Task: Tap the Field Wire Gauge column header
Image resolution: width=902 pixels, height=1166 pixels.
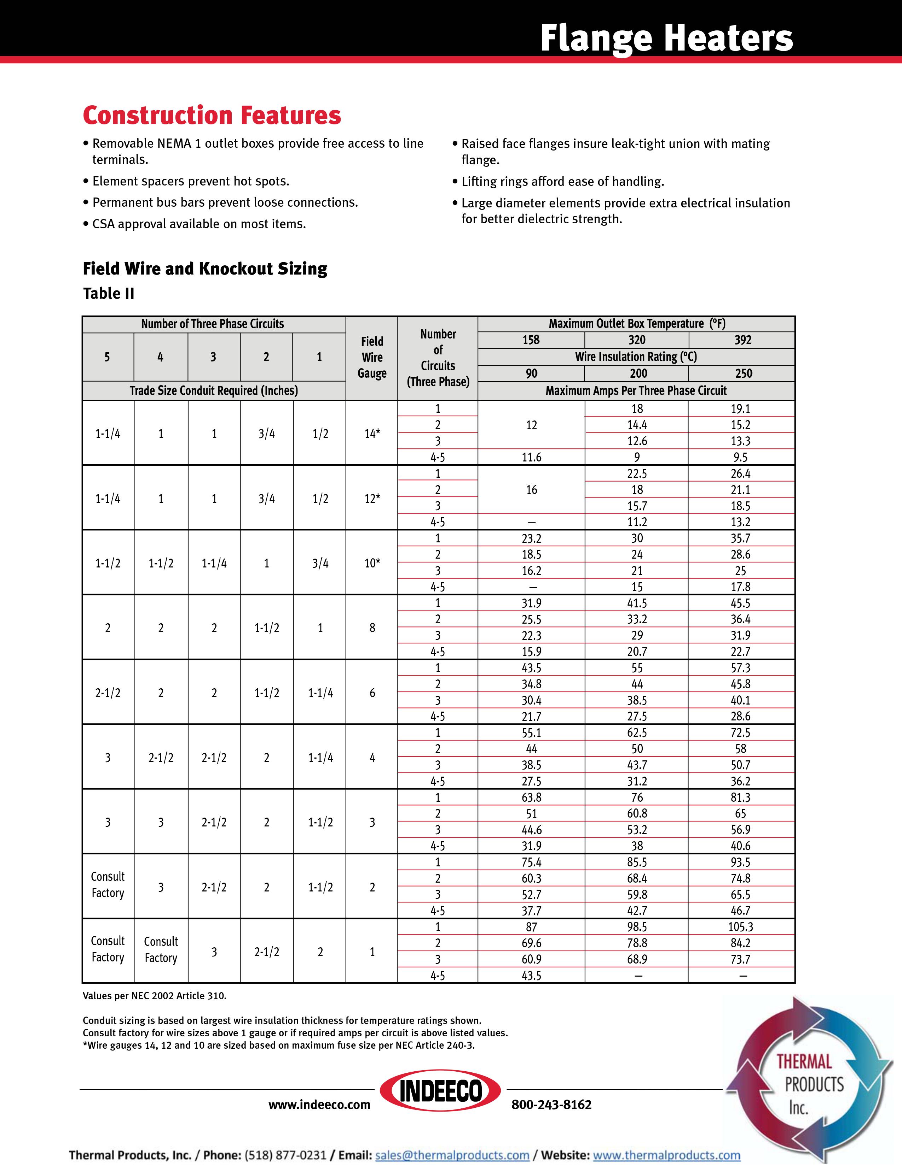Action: point(372,357)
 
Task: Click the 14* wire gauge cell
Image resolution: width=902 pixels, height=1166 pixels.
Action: point(372,434)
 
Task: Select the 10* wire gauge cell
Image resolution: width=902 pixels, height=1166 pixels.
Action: point(372,563)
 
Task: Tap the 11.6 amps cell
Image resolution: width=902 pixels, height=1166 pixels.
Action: point(531,457)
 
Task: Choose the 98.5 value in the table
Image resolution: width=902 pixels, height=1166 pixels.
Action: point(637,927)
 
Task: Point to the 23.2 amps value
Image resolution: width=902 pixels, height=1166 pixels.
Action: point(531,538)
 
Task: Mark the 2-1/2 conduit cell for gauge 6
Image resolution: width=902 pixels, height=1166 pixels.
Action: point(108,693)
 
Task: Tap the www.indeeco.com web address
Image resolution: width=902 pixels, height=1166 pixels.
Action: point(319,1105)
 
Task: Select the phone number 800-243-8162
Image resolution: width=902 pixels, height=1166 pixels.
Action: point(551,1105)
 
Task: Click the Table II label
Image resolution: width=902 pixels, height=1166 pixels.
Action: point(109,294)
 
